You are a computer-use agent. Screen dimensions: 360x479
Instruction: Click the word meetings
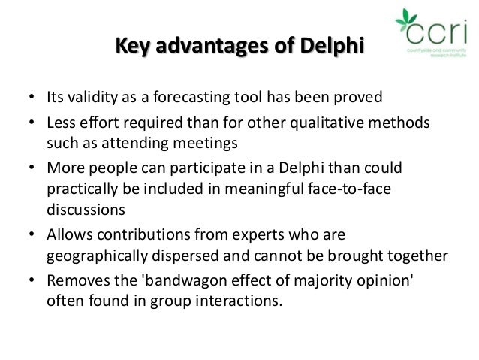click(206, 143)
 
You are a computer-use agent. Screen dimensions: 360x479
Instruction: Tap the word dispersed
click(191, 254)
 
